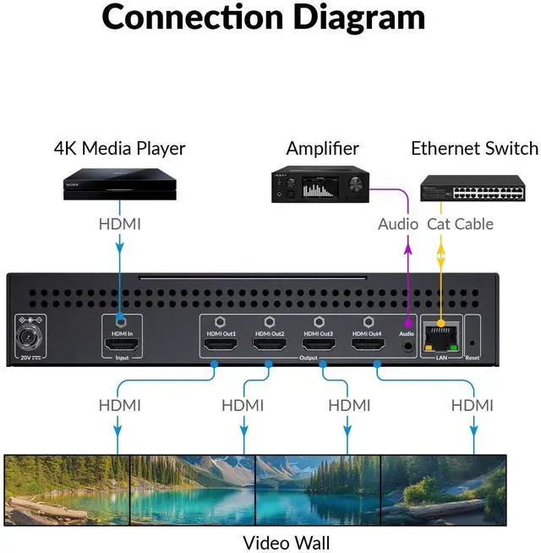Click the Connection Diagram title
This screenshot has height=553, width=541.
pyautogui.click(x=264, y=18)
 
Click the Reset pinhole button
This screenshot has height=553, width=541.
pyautogui.click(x=472, y=344)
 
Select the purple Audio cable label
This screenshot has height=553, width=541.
pyautogui.click(x=397, y=224)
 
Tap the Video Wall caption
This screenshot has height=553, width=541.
pyautogui.click(x=287, y=542)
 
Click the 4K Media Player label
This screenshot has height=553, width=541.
pyautogui.click(x=119, y=149)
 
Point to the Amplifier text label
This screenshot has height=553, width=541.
pyautogui.click(x=323, y=149)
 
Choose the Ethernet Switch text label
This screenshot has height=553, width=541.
pyautogui.click(x=474, y=149)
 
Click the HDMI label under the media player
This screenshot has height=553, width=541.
pyautogui.click(x=119, y=224)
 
